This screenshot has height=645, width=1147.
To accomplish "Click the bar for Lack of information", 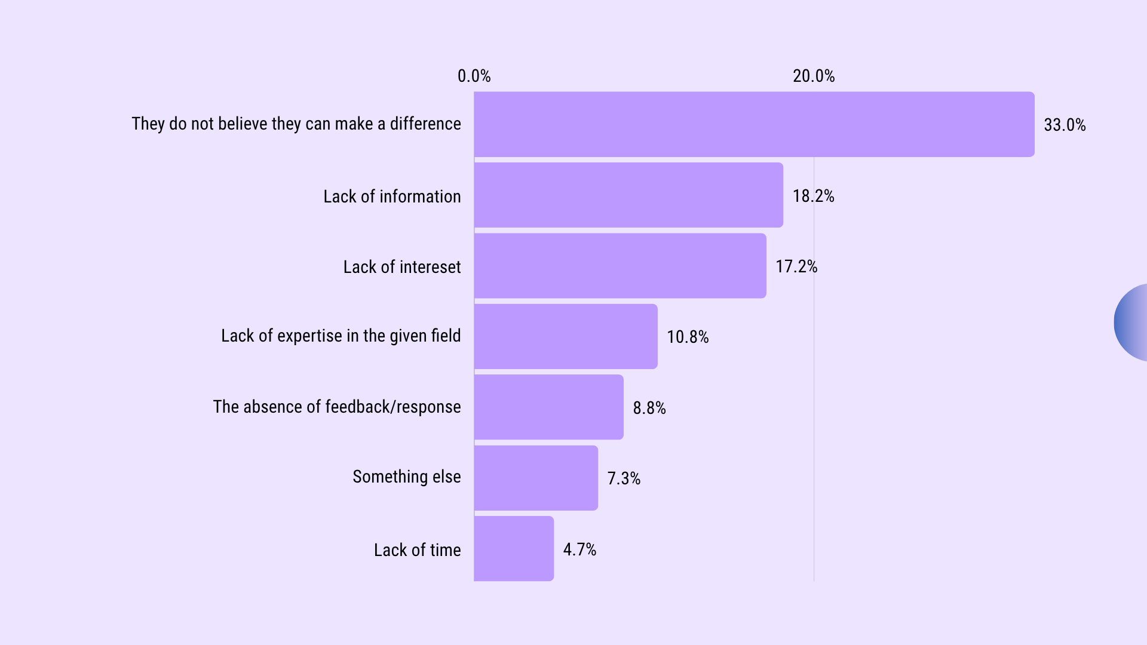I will (x=628, y=195).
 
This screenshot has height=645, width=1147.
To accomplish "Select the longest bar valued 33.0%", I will (x=754, y=124).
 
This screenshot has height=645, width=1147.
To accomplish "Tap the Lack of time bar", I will (x=514, y=548).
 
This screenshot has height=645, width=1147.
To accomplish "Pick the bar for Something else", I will (x=536, y=478).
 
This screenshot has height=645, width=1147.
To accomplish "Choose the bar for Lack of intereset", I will (x=620, y=266).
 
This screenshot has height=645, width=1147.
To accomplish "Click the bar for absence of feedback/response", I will (x=548, y=407).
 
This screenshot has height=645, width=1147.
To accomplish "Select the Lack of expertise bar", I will (x=566, y=336).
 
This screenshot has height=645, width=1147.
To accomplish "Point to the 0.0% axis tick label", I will (x=474, y=76).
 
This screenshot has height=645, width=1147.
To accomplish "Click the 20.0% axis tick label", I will (x=813, y=76).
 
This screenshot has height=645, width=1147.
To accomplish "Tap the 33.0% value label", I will (x=1065, y=125).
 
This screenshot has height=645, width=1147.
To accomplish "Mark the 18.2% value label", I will (x=813, y=196).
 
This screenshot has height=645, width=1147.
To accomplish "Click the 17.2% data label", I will (x=796, y=266).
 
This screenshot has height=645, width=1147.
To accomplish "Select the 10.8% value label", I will (x=688, y=337).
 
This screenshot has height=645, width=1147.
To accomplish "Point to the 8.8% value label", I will (x=649, y=408).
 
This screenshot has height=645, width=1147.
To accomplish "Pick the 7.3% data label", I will (x=624, y=478).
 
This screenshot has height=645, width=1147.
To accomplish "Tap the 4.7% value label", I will (x=579, y=549).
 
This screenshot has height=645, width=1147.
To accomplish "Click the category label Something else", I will (x=406, y=477).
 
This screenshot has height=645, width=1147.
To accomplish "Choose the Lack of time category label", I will (x=417, y=550).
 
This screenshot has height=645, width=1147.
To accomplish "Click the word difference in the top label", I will (x=425, y=124).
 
